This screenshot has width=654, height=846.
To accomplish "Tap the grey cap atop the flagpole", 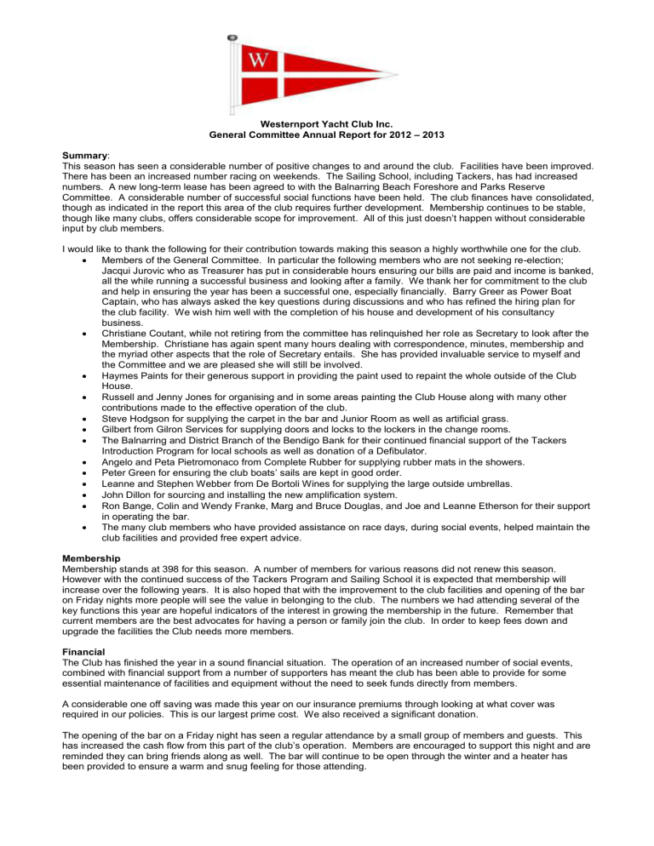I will pyautogui.click(x=231, y=37).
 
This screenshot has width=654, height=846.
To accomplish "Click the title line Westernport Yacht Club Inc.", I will pyautogui.click(x=326, y=124).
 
